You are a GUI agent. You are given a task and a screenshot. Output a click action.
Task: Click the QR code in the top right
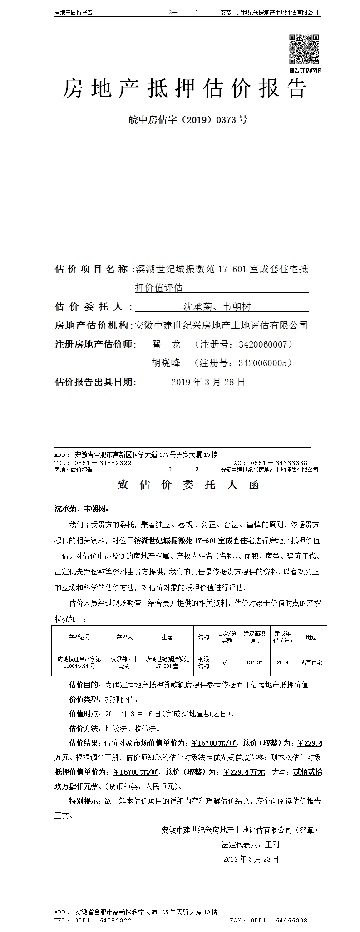click(x=305, y=49)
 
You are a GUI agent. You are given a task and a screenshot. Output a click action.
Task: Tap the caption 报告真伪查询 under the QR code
click(x=305, y=70)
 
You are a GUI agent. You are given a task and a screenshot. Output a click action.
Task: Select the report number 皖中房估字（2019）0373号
click(x=188, y=120)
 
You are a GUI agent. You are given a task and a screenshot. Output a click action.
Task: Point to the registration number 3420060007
click(x=263, y=344)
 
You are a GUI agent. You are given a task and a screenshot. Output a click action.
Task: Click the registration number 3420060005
click(x=263, y=363)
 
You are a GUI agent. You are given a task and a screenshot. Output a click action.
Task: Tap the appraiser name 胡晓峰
click(x=166, y=363)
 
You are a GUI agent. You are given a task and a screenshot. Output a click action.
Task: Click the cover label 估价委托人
click(x=89, y=307)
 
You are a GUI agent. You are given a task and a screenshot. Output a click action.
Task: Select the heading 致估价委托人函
click(x=188, y=485)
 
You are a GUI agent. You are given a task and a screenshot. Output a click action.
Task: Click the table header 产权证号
click(x=79, y=637)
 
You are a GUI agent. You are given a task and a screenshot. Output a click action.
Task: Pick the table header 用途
click(x=311, y=637)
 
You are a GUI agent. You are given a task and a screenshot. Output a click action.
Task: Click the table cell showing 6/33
click(x=227, y=662)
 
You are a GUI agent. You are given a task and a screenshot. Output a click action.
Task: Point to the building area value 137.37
click(x=254, y=662)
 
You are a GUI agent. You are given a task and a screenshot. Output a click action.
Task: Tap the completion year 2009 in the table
click(x=282, y=662)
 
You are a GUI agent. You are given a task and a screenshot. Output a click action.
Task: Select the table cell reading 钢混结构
click(x=203, y=662)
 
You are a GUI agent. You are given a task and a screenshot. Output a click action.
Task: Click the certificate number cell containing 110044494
click(x=79, y=666)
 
